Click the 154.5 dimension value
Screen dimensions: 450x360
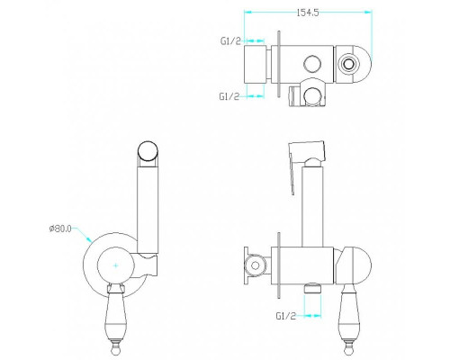tap(308, 13)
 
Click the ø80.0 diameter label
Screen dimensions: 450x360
tap(60, 229)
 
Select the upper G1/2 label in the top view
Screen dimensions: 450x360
tap(230, 40)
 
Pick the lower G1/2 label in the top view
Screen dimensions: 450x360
tap(229, 96)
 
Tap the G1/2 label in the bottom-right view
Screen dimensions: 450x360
tap(286, 316)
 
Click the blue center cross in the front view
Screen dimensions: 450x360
tap(116, 265)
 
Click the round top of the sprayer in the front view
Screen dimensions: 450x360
tap(148, 151)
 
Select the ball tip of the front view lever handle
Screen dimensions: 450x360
tap(115, 348)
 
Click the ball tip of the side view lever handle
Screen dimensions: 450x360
tap(350, 348)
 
